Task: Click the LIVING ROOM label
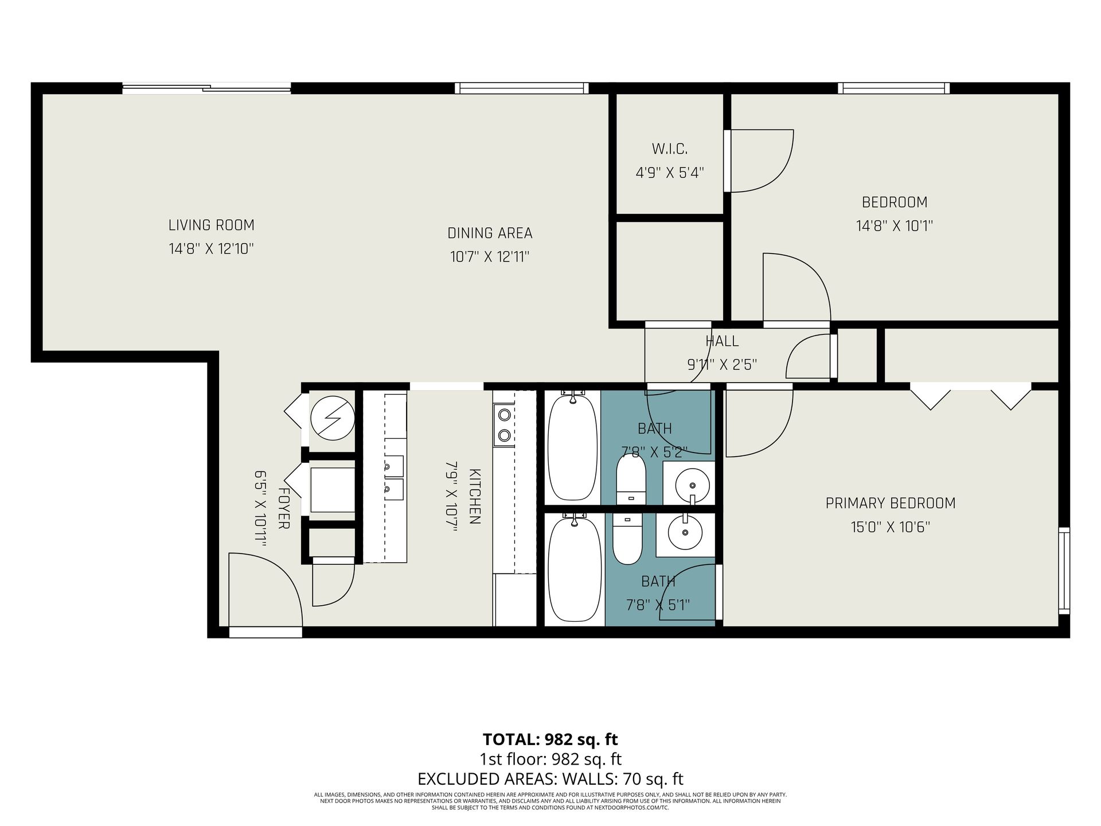click(211, 225)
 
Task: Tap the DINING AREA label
click(490, 233)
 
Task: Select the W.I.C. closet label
click(669, 149)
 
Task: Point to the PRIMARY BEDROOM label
click(891, 503)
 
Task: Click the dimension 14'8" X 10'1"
click(895, 226)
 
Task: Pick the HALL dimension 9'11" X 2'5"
click(722, 364)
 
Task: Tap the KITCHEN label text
click(474, 496)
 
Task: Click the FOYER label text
click(283, 508)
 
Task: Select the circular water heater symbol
click(333, 418)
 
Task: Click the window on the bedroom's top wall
click(893, 88)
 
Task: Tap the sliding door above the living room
click(206, 88)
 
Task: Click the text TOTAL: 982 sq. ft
click(550, 739)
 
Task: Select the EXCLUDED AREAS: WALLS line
click(550, 779)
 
